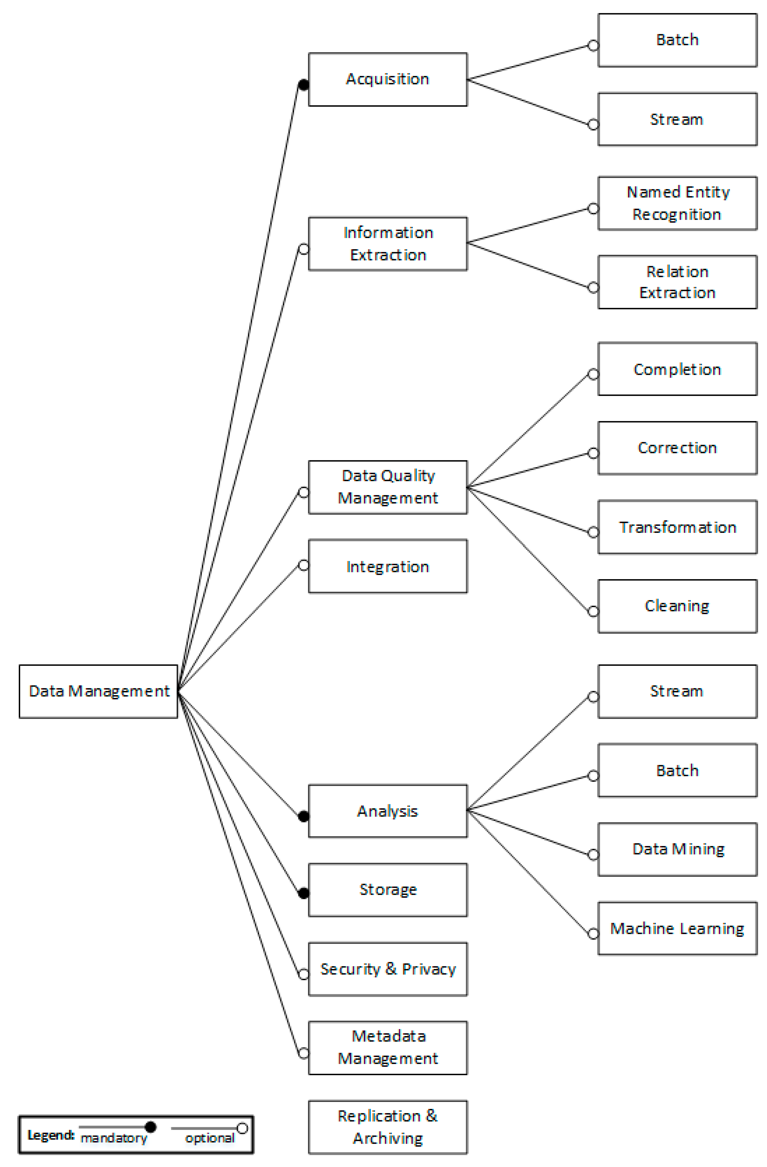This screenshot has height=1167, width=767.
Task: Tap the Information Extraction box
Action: tap(387, 244)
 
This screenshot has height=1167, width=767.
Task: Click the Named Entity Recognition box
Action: tap(677, 203)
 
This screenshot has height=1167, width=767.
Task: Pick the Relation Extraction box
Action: tap(677, 282)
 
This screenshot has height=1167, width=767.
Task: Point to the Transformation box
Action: tap(677, 527)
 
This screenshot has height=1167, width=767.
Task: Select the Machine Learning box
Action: tap(677, 928)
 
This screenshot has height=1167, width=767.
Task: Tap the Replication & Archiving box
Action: tap(387, 1127)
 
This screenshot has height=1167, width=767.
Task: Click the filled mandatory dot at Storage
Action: tap(304, 893)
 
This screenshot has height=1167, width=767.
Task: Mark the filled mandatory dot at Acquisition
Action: tap(304, 85)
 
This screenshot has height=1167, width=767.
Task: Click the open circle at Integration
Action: tap(304, 565)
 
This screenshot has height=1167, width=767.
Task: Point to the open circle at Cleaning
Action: tap(593, 611)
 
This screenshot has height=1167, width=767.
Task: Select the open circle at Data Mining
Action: tap(593, 855)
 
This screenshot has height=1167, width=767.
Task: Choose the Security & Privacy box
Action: tap(387, 969)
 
